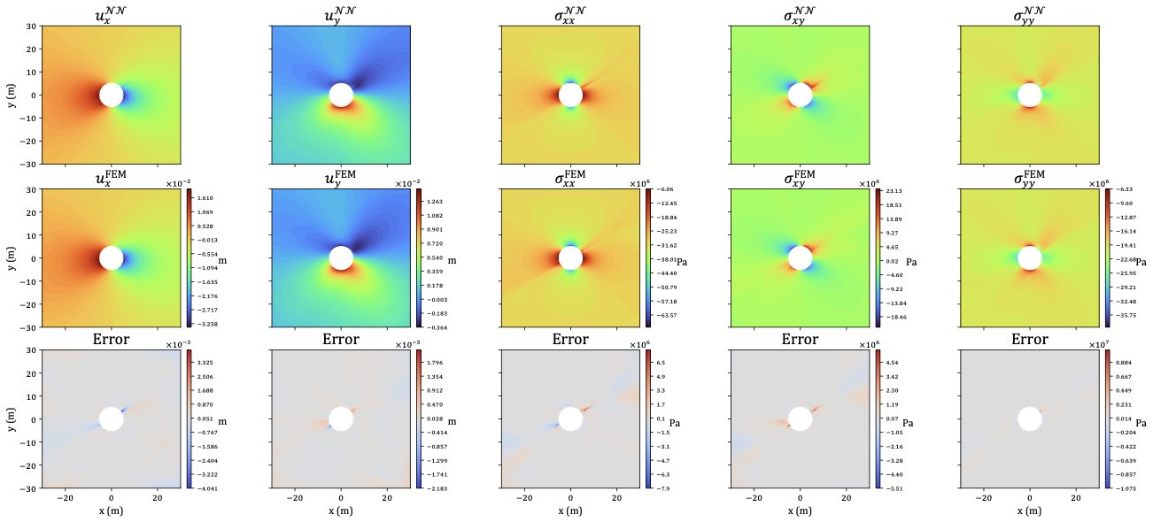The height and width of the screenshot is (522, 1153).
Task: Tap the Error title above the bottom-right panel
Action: coord(1029,340)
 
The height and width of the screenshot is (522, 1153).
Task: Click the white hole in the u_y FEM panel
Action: coord(341,257)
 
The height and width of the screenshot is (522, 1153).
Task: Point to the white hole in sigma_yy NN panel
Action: coord(1029,95)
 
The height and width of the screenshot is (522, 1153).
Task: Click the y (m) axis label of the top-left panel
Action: coord(11,95)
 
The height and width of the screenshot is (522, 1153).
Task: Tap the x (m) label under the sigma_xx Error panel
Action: coord(570,513)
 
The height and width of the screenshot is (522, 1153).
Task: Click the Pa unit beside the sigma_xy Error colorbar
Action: coord(909,423)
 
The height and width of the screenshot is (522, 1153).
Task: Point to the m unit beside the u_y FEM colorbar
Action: coord(452,260)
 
